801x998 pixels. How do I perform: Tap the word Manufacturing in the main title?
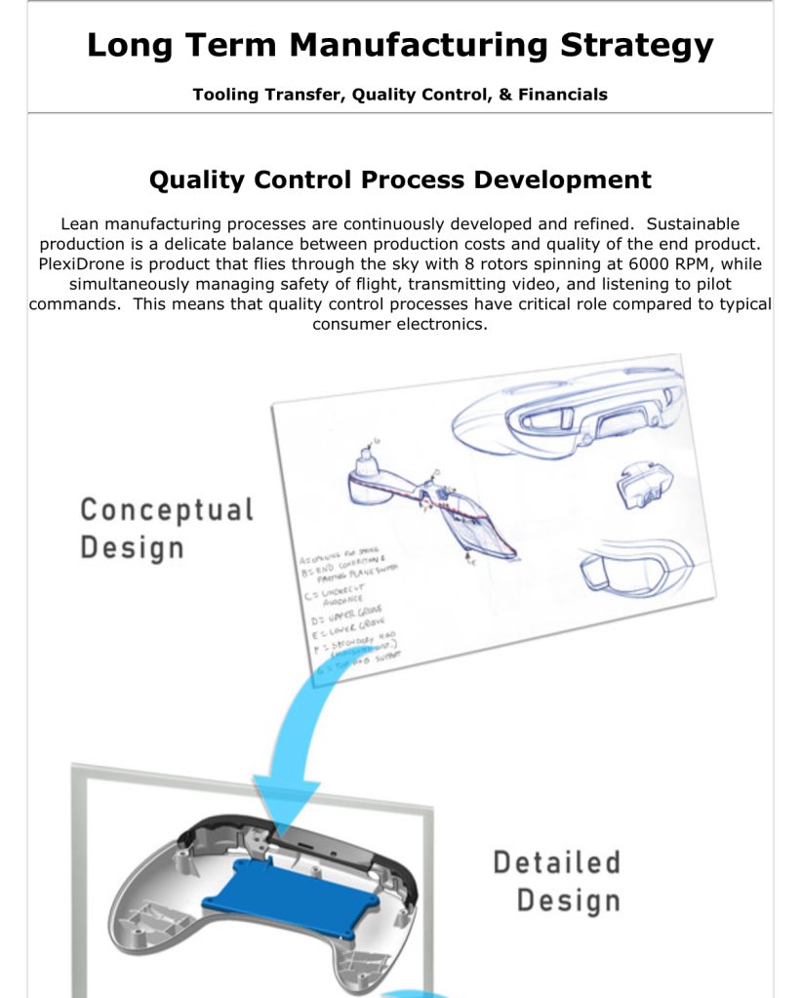pos(421,45)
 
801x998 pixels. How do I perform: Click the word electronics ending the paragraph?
pos(441,324)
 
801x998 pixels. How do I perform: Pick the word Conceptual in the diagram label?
pos(167,509)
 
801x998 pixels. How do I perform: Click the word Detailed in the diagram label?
pos(556,862)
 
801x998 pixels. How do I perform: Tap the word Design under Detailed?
pos(568,900)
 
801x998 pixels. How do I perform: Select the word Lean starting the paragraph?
pos(79,224)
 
